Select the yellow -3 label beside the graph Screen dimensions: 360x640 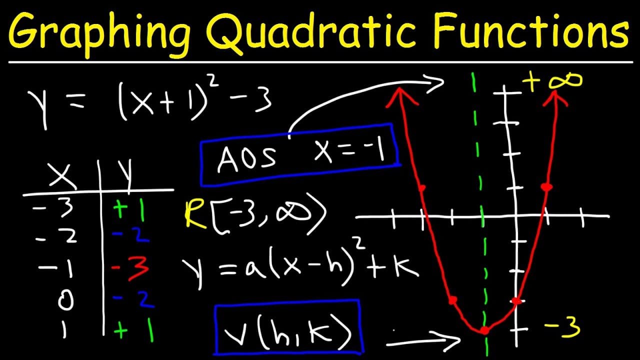(x=562, y=328)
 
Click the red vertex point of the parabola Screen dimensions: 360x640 (x=484, y=330)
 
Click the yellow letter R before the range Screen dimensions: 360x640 (x=192, y=214)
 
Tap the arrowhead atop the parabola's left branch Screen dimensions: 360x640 (x=400, y=93)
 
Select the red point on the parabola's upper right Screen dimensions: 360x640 (x=546, y=186)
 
